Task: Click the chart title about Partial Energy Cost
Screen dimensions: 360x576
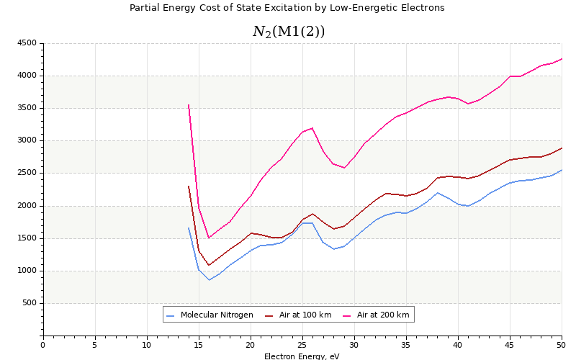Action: (287, 8)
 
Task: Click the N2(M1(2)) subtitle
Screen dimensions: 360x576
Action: (288, 32)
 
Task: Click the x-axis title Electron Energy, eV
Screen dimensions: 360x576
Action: (302, 356)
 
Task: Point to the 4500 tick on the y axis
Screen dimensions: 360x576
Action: (27, 43)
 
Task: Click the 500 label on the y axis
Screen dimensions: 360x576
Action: (29, 303)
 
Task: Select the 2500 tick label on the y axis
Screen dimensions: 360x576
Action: (27, 173)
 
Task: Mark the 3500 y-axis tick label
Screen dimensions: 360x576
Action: (27, 108)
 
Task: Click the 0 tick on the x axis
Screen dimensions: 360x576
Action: (43, 344)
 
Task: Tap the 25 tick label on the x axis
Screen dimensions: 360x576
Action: (302, 344)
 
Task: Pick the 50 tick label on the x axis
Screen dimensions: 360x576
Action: (562, 344)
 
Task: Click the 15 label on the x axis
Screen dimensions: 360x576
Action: (199, 344)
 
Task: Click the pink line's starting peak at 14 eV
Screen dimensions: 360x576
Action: (189, 105)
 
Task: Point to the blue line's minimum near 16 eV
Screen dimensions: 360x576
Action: (209, 279)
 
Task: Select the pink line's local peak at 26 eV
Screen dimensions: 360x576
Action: (312, 128)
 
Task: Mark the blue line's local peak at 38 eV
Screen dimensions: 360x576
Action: (437, 192)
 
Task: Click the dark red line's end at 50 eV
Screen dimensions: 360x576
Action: (562, 148)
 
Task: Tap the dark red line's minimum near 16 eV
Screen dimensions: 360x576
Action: (209, 265)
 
